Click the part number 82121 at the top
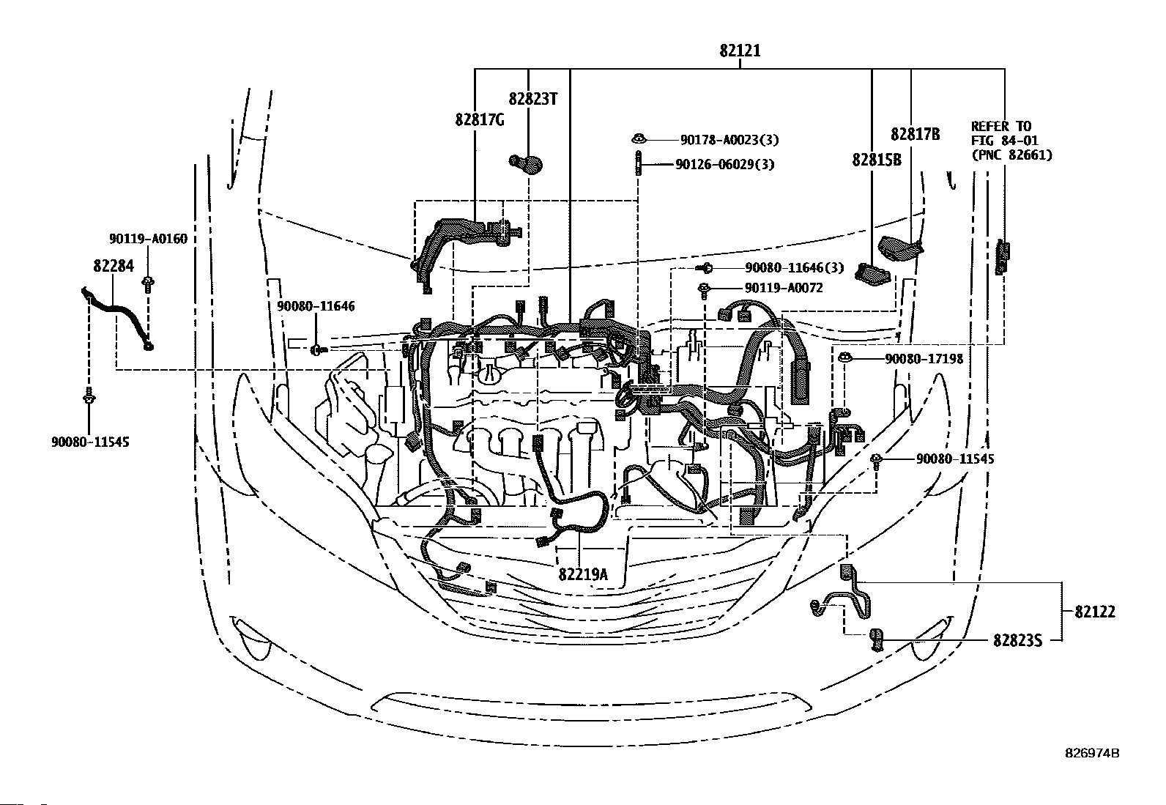pyautogui.click(x=740, y=51)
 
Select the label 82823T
pyautogui.click(x=532, y=98)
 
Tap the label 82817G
pyautogui.click(x=480, y=119)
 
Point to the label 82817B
pyautogui.click(x=915, y=134)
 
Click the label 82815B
pyautogui.click(x=877, y=160)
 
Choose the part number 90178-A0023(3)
pyautogui.click(x=729, y=140)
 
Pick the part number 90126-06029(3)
pyautogui.click(x=724, y=165)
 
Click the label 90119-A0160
pyautogui.click(x=148, y=239)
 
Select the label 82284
pyautogui.click(x=114, y=266)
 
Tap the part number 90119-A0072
pyautogui.click(x=784, y=288)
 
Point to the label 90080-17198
pyautogui.click(x=924, y=359)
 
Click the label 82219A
pyautogui.click(x=583, y=574)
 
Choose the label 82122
pyautogui.click(x=1095, y=612)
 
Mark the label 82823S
pyautogui.click(x=1017, y=640)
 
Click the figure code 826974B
pyautogui.click(x=1092, y=753)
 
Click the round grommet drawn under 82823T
pyautogui.click(x=526, y=163)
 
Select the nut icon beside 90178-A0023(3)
pyautogui.click(x=639, y=138)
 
